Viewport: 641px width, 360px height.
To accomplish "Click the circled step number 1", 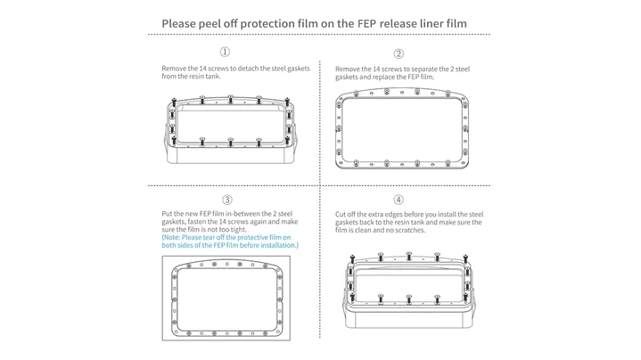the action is [x=225, y=52].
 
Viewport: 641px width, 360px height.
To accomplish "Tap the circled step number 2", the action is [x=399, y=53].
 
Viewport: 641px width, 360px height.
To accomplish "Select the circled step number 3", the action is [x=227, y=200].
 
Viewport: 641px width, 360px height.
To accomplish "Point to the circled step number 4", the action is [x=399, y=200].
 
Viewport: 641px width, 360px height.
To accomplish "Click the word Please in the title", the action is [x=178, y=24].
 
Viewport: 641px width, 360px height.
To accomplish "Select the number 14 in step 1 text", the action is [x=202, y=69].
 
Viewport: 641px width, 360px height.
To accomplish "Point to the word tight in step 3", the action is [x=239, y=230].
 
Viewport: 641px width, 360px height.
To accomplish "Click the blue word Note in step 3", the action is [x=172, y=237].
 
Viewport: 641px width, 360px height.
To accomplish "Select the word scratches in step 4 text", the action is [x=410, y=230].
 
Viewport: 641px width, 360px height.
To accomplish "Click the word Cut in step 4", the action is [x=341, y=214].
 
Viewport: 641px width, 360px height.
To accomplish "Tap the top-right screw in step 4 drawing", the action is [x=465, y=258].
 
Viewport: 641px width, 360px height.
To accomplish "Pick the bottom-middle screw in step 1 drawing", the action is [x=231, y=142].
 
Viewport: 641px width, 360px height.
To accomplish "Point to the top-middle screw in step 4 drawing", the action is [x=409, y=256].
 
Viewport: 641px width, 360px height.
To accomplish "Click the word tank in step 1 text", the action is [x=212, y=77].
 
